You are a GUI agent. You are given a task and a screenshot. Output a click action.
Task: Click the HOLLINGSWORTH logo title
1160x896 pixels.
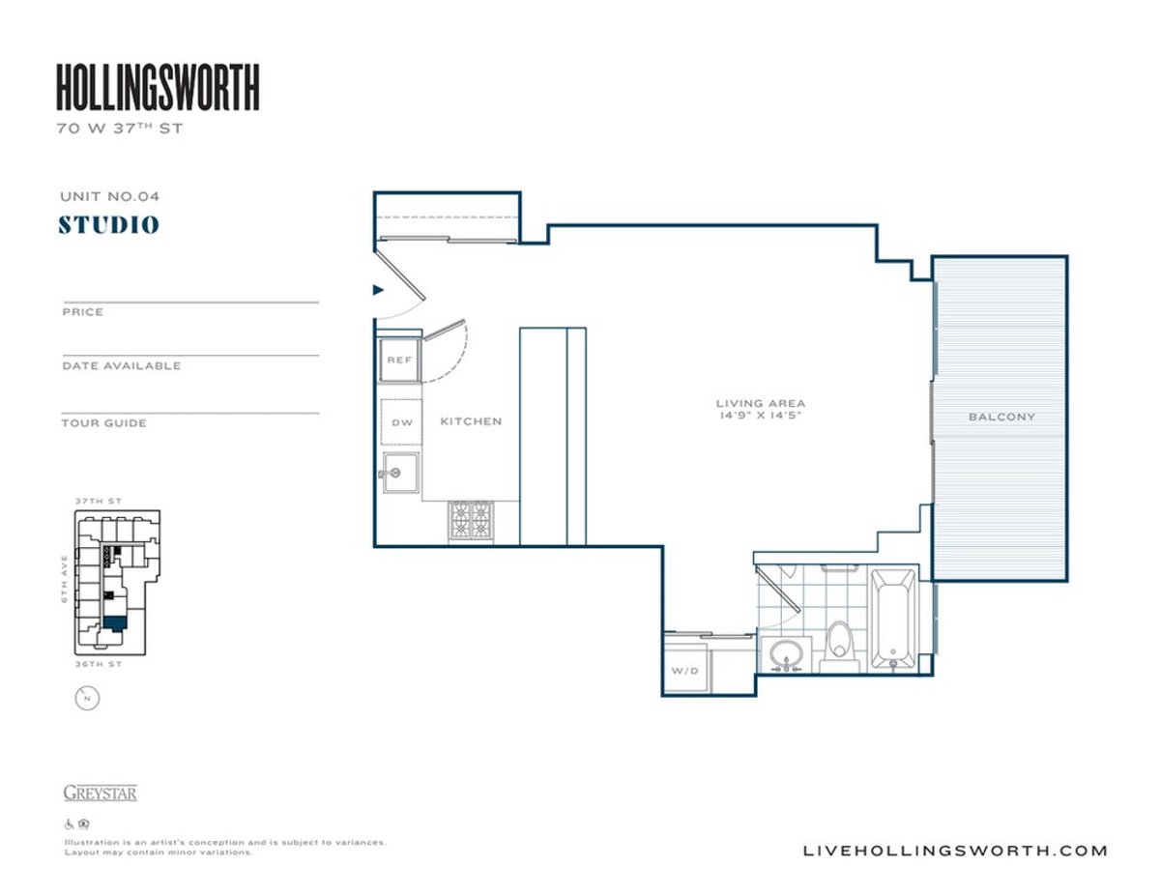tap(158, 87)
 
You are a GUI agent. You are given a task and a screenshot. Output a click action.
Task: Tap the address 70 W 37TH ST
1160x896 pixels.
tap(119, 127)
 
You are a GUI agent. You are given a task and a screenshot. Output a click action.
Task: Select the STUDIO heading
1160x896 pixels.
tap(108, 225)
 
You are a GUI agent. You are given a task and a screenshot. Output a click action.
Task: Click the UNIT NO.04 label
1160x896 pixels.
tap(108, 196)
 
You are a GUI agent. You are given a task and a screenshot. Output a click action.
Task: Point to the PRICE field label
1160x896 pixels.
tap(82, 312)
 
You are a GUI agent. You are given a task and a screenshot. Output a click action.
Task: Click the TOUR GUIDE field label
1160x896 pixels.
tap(104, 423)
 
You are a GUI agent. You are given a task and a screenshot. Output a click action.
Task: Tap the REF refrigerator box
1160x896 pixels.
tap(399, 360)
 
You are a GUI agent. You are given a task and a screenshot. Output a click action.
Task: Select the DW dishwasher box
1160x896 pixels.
tap(401, 422)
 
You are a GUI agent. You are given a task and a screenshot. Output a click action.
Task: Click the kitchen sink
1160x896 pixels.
tap(399, 474)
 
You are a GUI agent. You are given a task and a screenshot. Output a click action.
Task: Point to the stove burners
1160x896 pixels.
tap(471, 521)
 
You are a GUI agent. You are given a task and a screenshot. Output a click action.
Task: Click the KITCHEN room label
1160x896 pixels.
tap(471, 421)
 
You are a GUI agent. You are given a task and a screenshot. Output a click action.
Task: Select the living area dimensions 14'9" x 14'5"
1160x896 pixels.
tap(760, 415)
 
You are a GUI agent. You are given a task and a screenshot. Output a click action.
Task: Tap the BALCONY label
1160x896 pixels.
tap(1001, 418)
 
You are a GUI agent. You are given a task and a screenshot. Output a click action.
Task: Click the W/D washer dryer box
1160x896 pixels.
tap(684, 671)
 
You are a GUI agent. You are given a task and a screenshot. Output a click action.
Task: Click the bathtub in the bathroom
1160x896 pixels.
tap(892, 619)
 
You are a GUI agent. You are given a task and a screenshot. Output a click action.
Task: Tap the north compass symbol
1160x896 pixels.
tap(87, 698)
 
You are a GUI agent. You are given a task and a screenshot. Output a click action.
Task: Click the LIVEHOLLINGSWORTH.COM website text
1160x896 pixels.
tap(955, 851)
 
